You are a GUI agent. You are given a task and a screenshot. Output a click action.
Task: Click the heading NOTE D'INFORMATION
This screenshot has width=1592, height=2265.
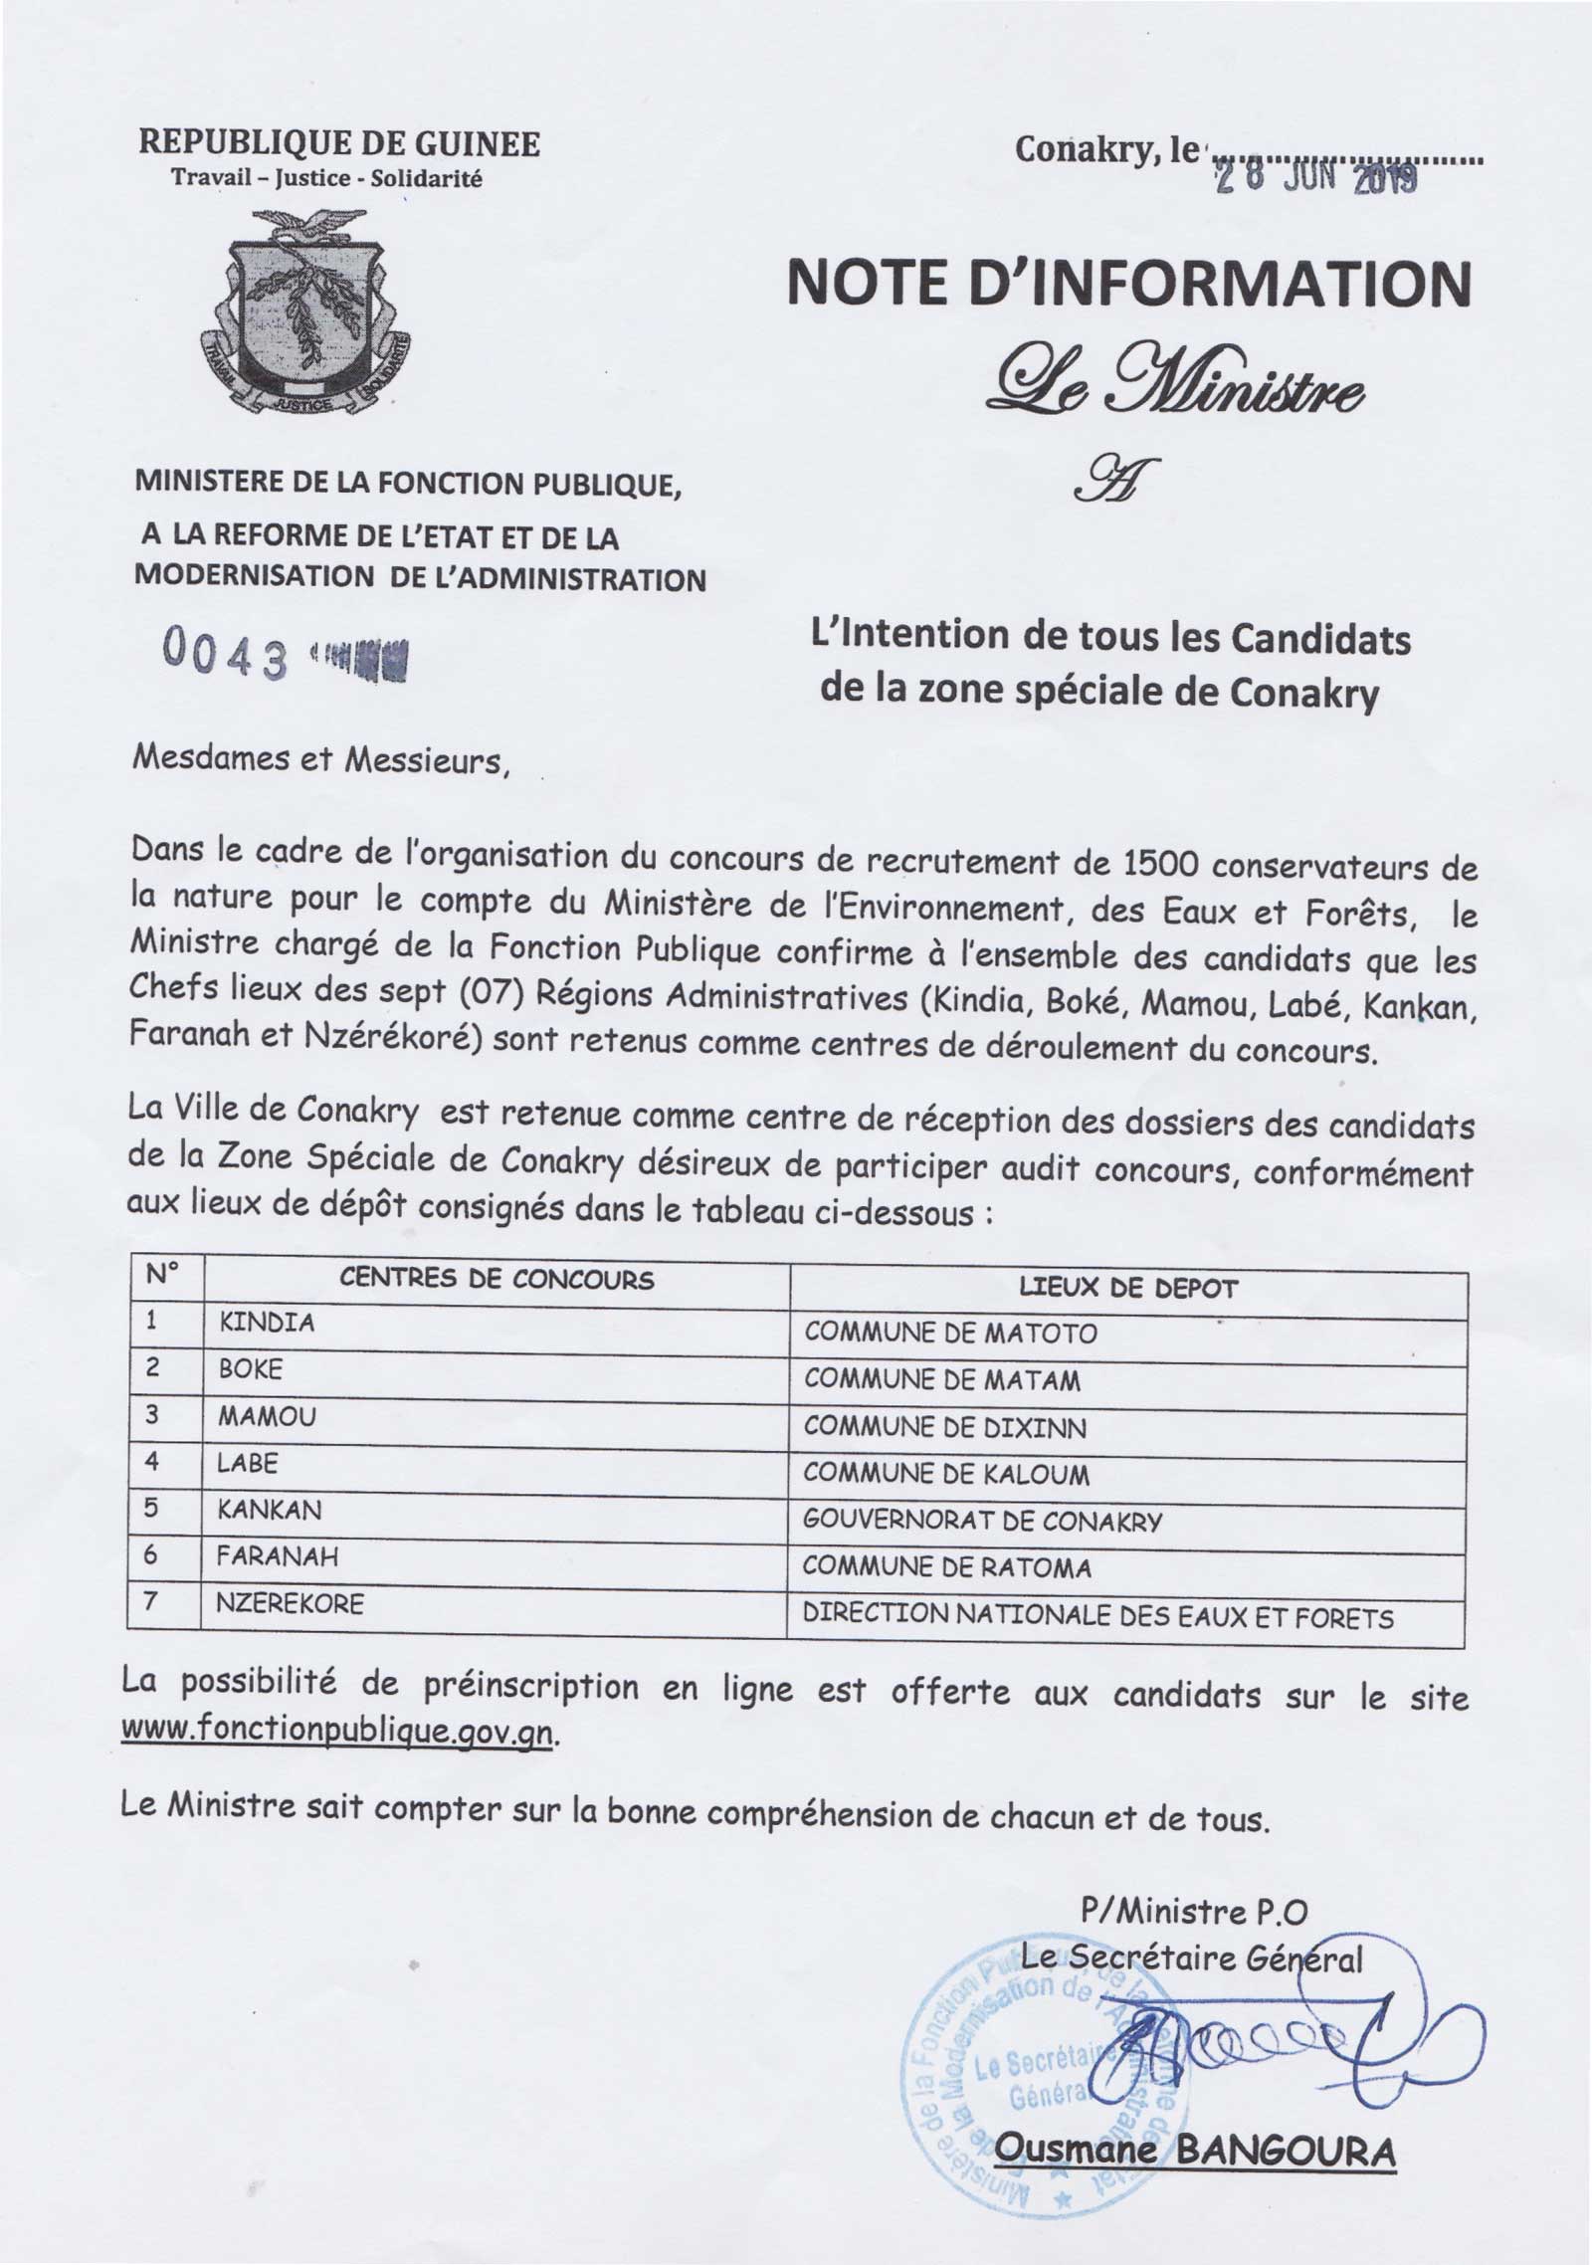click(1128, 286)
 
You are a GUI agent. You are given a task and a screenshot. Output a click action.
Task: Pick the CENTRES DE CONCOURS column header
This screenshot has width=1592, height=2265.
click(497, 1280)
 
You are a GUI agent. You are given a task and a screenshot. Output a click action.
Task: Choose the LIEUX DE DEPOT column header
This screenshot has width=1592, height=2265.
click(1128, 1289)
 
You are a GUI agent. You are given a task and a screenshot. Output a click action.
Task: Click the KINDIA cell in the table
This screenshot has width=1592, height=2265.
click(266, 1323)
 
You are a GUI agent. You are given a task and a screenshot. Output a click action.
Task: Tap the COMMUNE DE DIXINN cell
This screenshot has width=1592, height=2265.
click(945, 1426)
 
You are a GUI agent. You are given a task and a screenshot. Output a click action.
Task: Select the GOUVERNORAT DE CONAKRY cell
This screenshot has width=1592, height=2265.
click(982, 1521)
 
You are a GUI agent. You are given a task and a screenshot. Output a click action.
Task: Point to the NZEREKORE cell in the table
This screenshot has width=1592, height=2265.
click(291, 1603)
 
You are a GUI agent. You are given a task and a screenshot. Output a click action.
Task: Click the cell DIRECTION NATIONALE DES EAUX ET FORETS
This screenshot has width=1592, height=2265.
click(1098, 1617)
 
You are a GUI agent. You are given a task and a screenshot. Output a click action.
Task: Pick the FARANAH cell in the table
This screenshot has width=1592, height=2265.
click(278, 1556)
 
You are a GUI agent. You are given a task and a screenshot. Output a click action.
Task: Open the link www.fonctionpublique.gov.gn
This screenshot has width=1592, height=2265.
click(335, 1732)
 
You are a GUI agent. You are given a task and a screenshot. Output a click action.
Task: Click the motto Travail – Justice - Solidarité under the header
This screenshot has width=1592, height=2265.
click(326, 179)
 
